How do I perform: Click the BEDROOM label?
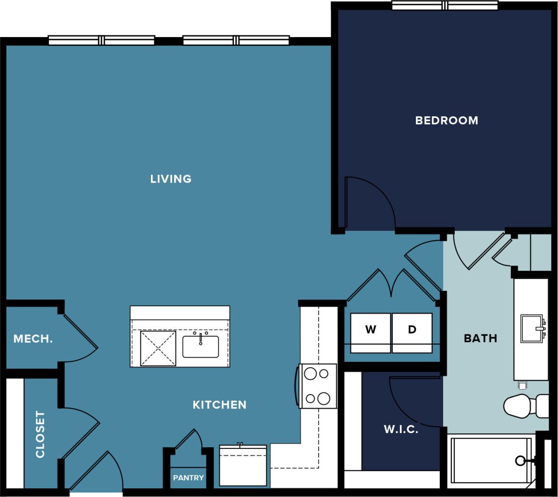tap(446, 120)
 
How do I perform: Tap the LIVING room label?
tap(170, 179)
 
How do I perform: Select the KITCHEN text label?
tap(219, 405)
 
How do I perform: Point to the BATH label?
tap(480, 339)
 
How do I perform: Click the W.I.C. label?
tap(401, 429)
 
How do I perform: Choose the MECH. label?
tap(33, 339)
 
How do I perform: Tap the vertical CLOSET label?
tap(40, 434)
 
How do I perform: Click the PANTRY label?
tap(188, 478)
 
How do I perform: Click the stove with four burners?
tap(318, 386)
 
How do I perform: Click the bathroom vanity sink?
tap(531, 328)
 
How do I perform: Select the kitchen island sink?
tap(201, 346)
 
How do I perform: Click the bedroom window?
tap(445, 6)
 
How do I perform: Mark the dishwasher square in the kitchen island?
tap(158, 348)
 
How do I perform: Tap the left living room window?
tap(101, 40)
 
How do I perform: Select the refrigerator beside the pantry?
tap(243, 466)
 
